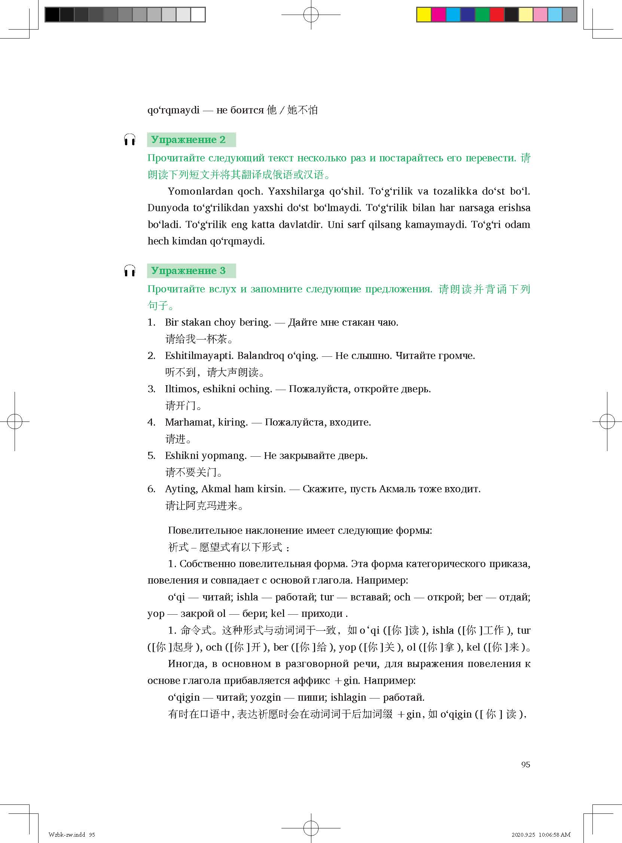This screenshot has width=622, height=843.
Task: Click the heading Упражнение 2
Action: coord(188,140)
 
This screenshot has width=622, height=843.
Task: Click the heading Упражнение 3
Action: coord(188,271)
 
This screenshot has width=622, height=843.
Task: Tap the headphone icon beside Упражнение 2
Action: coord(129,140)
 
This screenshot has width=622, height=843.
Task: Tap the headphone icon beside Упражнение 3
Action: coord(129,271)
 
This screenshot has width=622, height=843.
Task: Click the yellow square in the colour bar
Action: coord(424,15)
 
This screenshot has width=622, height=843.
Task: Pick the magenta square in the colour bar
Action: coord(439,15)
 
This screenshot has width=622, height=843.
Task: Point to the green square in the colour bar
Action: coord(482,15)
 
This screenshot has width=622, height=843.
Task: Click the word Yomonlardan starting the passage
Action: coord(196,191)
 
